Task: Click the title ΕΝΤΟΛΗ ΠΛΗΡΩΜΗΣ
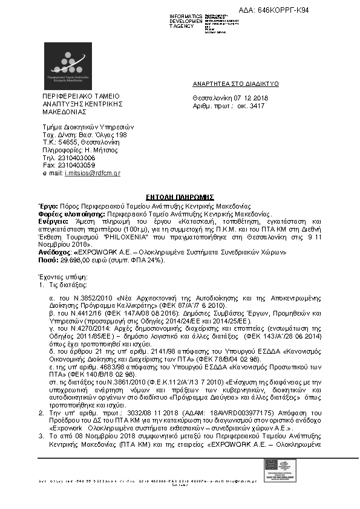pyautogui.click(x=180, y=197)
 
